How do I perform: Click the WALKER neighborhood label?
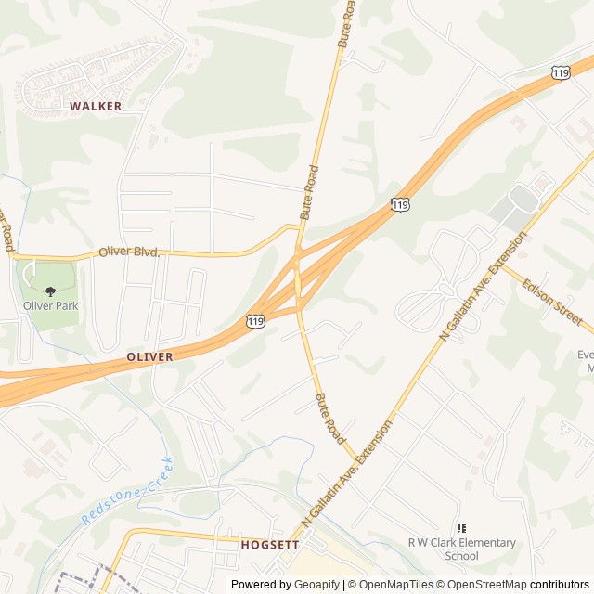tap(96, 106)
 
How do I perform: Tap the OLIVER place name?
tap(149, 356)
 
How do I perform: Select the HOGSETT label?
tap(269, 545)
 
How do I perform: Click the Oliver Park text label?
tap(50, 306)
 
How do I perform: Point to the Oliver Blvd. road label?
tap(130, 252)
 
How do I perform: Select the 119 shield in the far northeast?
tap(560, 71)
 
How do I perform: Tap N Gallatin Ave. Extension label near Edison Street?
tap(484, 285)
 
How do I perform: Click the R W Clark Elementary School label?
tap(461, 549)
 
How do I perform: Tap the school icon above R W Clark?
tap(461, 528)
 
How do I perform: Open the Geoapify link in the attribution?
tap(317, 585)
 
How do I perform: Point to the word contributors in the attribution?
tap(560, 585)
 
